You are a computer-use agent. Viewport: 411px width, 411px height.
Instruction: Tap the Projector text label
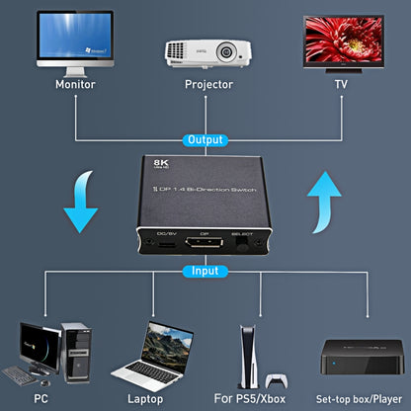coord(208,84)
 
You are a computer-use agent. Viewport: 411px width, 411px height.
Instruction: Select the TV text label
coord(341,84)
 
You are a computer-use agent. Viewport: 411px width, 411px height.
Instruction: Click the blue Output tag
coord(205,141)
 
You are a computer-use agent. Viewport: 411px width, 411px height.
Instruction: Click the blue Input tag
coord(205,270)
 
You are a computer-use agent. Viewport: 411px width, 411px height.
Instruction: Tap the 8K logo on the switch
coord(160,164)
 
